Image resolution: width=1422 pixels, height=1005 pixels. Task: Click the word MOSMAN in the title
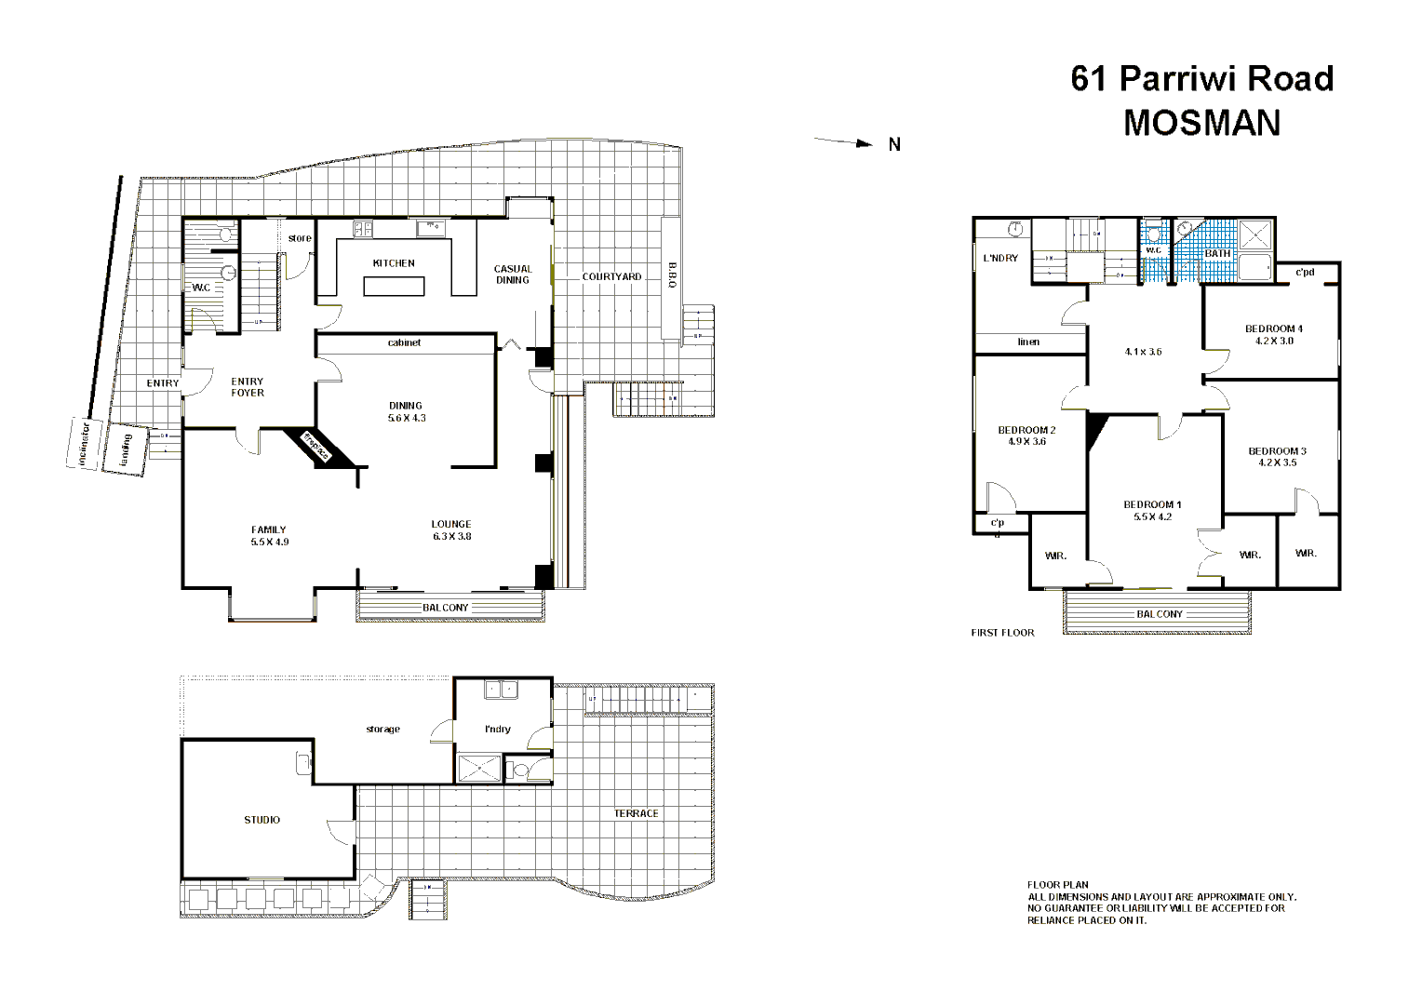pos(1201,124)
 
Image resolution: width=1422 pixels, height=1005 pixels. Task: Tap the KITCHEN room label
pos(394,263)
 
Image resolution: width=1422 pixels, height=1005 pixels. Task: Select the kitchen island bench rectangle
pos(394,287)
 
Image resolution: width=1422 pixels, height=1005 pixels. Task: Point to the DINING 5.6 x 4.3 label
pos(406,412)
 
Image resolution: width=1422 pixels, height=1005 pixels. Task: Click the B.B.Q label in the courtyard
pos(672,275)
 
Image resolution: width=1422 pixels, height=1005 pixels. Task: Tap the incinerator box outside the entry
pos(84,444)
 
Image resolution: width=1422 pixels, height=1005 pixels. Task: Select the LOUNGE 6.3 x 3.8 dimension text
pos(451,536)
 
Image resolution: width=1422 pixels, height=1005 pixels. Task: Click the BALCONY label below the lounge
pos(446,608)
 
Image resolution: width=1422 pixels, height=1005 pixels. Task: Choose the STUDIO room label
pos(262,820)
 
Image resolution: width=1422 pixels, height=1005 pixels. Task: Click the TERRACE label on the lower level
pos(636,813)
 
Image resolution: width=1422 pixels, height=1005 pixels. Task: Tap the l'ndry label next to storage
pos(498,729)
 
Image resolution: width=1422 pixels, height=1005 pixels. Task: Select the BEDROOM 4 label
pos(1273,328)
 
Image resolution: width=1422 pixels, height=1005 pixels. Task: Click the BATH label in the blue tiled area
pos(1217,253)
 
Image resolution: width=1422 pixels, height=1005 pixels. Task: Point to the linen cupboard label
pos(1028,342)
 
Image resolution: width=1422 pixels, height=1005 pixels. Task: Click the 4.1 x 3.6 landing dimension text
pos(1143,352)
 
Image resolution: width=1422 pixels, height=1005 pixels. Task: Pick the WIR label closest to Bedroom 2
pos(1055,556)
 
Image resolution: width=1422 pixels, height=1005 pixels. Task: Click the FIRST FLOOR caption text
pos(1002,633)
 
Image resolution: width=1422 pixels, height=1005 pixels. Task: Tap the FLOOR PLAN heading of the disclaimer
pos(1057,885)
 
